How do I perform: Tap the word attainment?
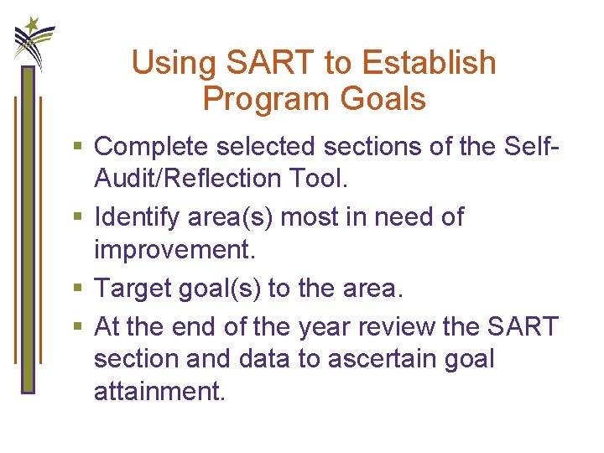coord(159,393)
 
